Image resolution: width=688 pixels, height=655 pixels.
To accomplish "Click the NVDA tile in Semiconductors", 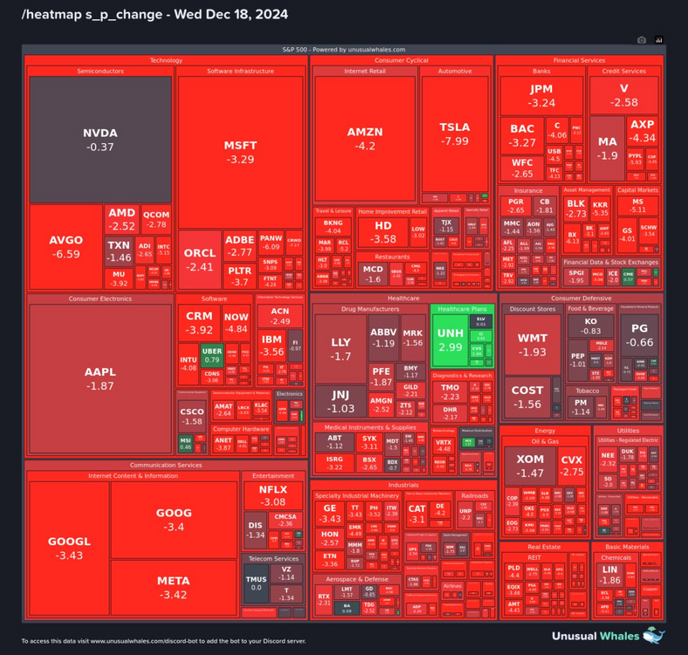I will click(x=100, y=140).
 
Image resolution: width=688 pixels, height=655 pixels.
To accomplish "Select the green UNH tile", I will click(x=450, y=340).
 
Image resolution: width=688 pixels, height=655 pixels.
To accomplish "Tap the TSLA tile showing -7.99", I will click(x=454, y=133).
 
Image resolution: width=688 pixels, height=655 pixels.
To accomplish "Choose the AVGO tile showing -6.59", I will click(x=65, y=246).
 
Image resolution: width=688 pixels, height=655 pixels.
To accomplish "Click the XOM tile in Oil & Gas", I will click(x=530, y=465).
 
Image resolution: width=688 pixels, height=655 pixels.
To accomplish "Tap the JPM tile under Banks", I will click(x=541, y=95).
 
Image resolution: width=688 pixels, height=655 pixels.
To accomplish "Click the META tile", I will click(x=173, y=587).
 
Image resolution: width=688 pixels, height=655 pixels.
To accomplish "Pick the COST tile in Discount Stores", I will click(x=526, y=397).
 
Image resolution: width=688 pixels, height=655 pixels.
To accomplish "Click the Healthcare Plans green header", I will click(x=462, y=309).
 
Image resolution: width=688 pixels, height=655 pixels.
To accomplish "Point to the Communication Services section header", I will click(x=166, y=465).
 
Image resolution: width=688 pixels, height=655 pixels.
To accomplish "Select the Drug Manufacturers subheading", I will click(x=369, y=309).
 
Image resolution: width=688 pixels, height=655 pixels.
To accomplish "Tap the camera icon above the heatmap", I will click(x=642, y=39).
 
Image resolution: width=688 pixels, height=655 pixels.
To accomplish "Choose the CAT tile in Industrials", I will click(x=416, y=514).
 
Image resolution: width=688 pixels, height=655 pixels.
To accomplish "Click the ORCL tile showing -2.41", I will click(x=199, y=259).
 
